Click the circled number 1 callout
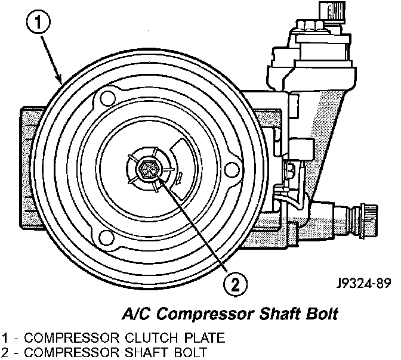38,22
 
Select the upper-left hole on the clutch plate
107,98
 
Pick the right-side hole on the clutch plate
232,170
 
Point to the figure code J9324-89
363,283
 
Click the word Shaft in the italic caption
280,314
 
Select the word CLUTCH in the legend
151,338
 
